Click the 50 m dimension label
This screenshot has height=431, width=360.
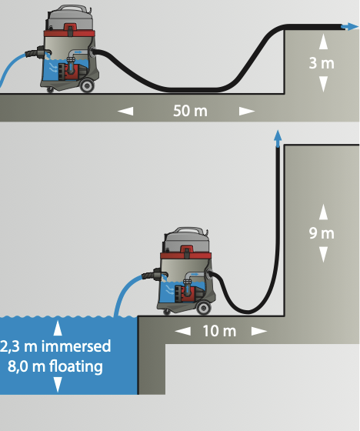pos(190,111)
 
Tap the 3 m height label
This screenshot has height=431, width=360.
pos(322,63)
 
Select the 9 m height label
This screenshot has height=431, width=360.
pos(322,233)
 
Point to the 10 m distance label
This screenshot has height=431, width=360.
pos(219,331)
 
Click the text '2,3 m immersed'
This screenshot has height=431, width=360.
pos(55,346)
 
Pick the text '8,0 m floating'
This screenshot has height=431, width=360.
pos(55,366)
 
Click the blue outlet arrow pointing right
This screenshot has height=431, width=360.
pos(349,26)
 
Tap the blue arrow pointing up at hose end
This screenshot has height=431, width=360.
pos(278,139)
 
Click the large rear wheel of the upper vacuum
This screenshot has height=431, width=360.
pos(87,85)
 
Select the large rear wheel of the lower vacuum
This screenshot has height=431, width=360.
pos(204,308)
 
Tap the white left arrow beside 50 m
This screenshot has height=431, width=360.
pos(125,111)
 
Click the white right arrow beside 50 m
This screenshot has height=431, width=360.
pos(247,111)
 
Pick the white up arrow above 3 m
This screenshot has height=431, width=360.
pos(323,42)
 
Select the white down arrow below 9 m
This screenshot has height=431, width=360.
pos(323,254)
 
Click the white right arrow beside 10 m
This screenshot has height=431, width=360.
pos(259,331)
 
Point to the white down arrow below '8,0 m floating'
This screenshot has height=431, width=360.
pos(58,385)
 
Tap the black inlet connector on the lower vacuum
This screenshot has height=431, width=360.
pos(155,275)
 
